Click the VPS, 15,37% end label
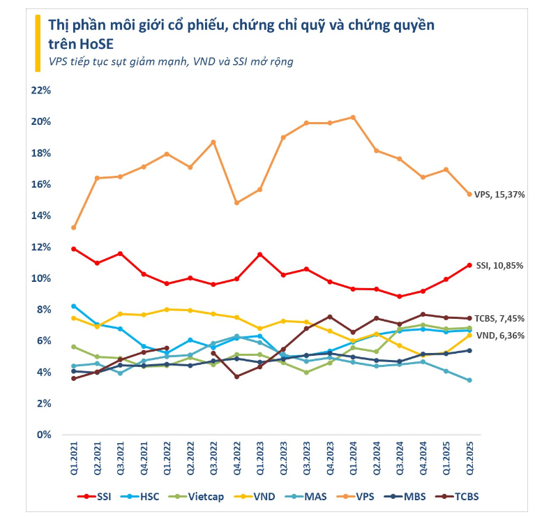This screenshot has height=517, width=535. point(499,194)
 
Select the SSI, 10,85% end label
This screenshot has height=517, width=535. point(499,265)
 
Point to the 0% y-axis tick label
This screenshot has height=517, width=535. point(44,434)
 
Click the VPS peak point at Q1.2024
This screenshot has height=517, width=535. point(353,117)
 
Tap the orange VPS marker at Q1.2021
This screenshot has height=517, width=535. point(73,227)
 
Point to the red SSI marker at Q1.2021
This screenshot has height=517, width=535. point(73,249)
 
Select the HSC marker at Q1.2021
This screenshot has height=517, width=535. point(73,306)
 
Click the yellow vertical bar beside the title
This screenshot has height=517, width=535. point(37,43)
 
